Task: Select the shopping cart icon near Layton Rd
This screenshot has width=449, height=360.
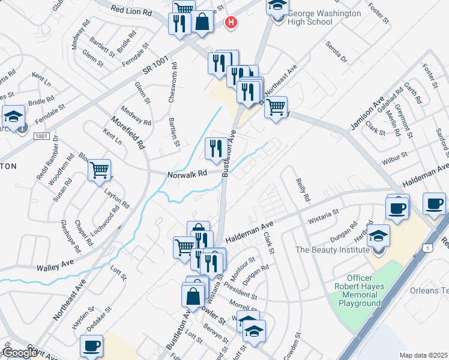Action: (99, 170)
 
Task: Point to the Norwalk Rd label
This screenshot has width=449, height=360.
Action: (187, 173)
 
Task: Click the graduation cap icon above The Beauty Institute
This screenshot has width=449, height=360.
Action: (379, 235)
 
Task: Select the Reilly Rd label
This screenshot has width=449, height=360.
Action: (302, 189)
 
